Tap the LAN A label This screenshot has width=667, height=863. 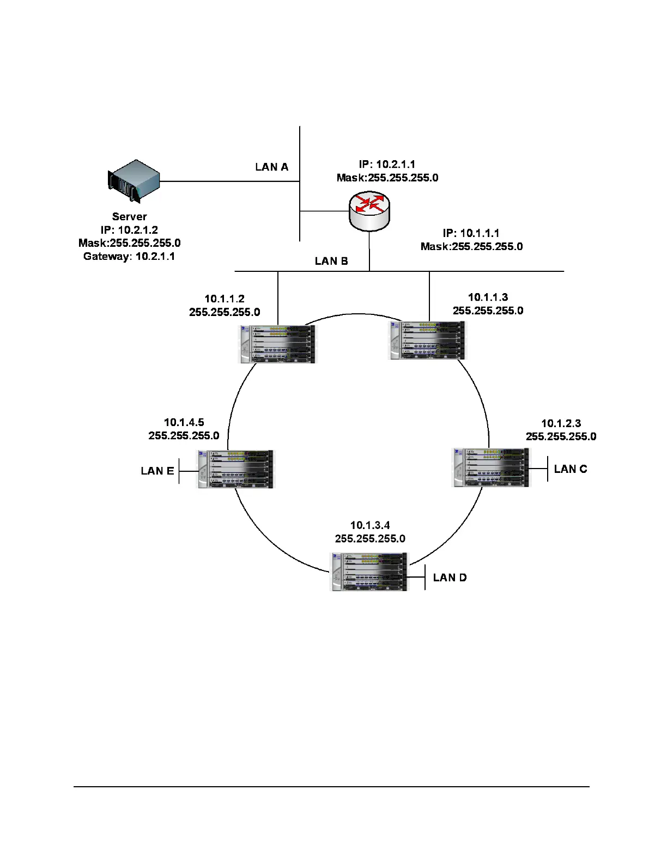click(x=271, y=167)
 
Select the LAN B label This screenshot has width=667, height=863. click(x=331, y=261)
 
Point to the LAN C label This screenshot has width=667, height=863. click(x=571, y=469)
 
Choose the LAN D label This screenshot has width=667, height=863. click(x=450, y=578)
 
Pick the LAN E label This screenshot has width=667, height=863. click(x=157, y=471)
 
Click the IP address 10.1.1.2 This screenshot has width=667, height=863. click(x=225, y=299)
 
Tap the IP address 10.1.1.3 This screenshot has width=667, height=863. click(x=488, y=297)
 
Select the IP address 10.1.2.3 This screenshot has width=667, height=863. click(x=561, y=423)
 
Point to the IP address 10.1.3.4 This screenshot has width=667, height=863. click(x=370, y=525)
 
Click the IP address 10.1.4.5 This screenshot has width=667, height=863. click(x=184, y=422)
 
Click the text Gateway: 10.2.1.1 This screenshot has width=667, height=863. click(x=129, y=256)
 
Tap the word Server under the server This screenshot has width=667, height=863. click(x=129, y=216)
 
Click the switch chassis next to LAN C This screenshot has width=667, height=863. click(x=491, y=467)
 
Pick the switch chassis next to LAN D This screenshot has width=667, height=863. click(x=369, y=572)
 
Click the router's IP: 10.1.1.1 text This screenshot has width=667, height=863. click(x=471, y=233)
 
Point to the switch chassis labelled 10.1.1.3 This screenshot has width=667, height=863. click(x=428, y=340)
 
